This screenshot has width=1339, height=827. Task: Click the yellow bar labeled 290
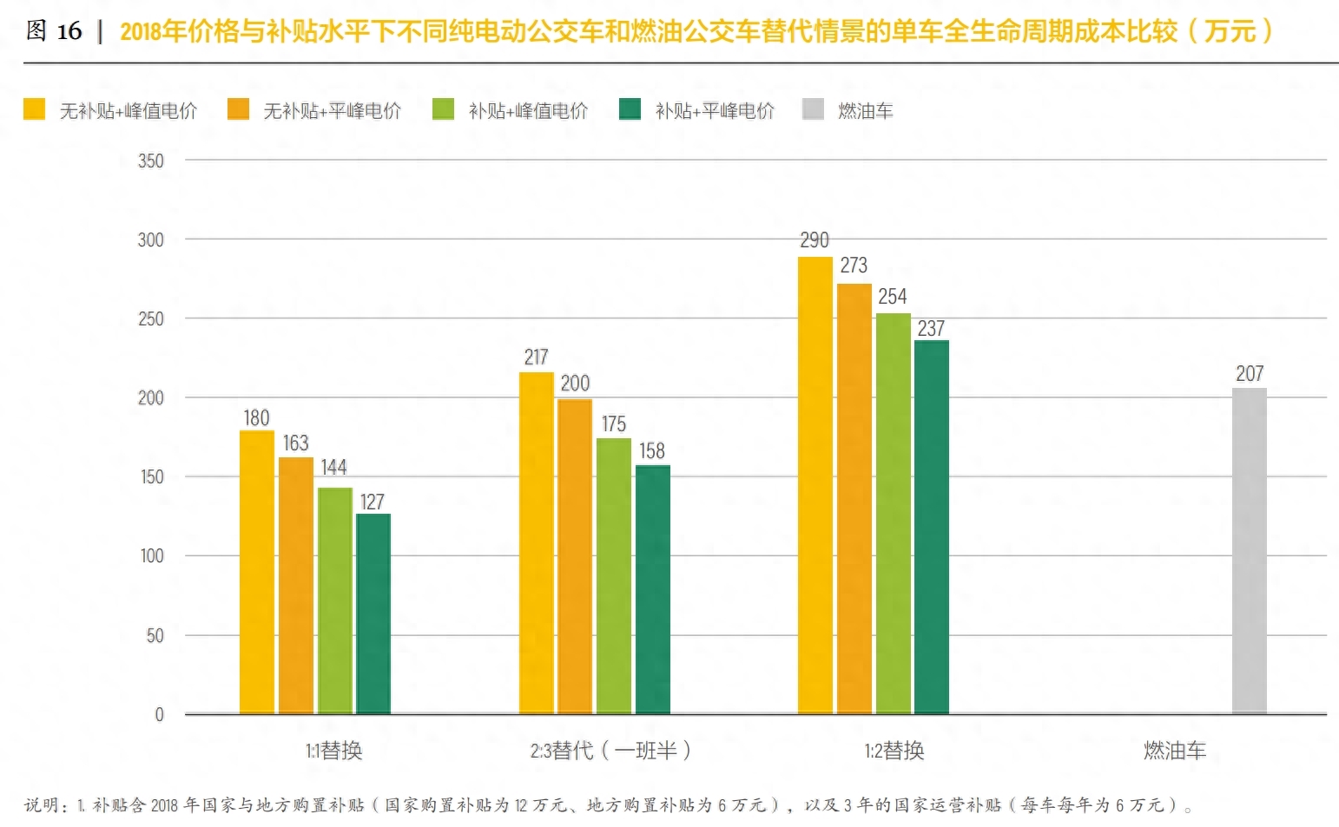pyautogui.click(x=815, y=486)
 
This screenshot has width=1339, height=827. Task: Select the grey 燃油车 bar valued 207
pyautogui.click(x=1249, y=551)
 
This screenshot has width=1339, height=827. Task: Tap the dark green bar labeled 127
pyautogui.click(x=373, y=614)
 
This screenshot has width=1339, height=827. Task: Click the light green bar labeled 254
pyautogui.click(x=893, y=514)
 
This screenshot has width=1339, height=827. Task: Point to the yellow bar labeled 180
pyautogui.click(x=257, y=573)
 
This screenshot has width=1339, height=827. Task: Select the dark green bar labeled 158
pyautogui.click(x=652, y=590)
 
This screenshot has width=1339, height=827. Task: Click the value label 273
pyautogui.click(x=853, y=266)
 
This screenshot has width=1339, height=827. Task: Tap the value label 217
pyautogui.click(x=536, y=358)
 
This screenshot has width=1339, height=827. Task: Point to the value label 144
pyautogui.click(x=333, y=468)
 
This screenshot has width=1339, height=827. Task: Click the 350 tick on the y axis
pyautogui.click(x=150, y=161)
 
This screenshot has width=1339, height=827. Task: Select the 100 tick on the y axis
pyautogui.click(x=151, y=556)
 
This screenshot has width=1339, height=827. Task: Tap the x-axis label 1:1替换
pyautogui.click(x=333, y=751)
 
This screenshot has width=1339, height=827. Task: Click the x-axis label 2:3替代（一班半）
pyautogui.click(x=610, y=751)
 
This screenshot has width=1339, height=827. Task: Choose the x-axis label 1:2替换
pyautogui.click(x=894, y=751)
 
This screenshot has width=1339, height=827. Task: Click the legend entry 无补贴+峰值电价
pyautogui.click(x=127, y=111)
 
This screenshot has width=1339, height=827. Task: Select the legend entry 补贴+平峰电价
pyautogui.click(x=714, y=111)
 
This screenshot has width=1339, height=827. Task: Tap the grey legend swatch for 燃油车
pyautogui.click(x=813, y=109)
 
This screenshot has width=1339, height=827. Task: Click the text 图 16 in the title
pyautogui.click(x=54, y=31)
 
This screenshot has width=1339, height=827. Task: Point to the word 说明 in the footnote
pyautogui.click(x=42, y=805)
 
